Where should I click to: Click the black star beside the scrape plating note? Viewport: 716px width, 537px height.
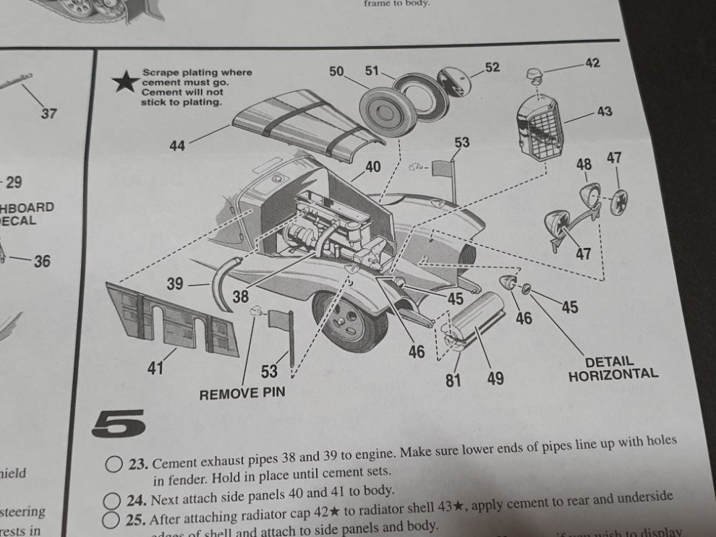pos(126,82)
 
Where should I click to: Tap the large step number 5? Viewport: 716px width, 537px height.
pos(119,423)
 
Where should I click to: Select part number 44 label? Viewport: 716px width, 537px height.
pos(177,146)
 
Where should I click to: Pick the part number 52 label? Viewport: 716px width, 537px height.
pos(492,67)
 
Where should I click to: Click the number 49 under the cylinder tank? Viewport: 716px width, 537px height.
pos(495,378)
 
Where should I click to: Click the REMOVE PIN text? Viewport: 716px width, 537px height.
pos(242,394)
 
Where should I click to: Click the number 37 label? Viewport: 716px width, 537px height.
pos(48,113)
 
